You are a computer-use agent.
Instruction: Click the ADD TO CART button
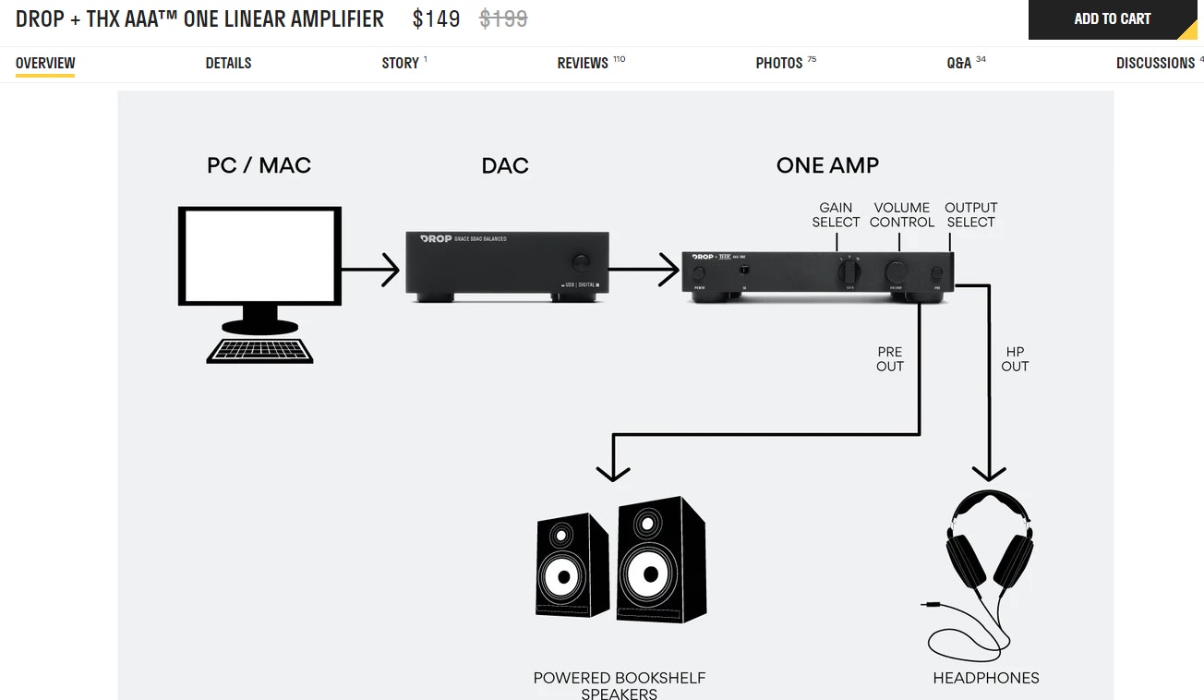(x=1112, y=19)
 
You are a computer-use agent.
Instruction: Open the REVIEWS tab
(x=583, y=63)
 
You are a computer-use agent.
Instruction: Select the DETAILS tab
(x=228, y=63)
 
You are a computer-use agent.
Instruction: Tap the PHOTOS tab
(x=779, y=63)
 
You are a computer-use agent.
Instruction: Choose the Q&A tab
(x=959, y=63)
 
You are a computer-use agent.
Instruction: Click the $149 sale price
(x=436, y=18)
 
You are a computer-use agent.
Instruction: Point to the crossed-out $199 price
(x=503, y=18)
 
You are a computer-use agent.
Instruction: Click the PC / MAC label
(x=259, y=165)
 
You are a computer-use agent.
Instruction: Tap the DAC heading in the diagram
(x=505, y=165)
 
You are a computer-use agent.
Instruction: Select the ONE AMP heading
(x=827, y=165)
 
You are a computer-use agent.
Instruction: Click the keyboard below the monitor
(x=259, y=350)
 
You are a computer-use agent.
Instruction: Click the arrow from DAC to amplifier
(x=644, y=270)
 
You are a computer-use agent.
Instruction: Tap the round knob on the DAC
(x=582, y=260)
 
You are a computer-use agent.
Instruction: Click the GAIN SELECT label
(x=836, y=214)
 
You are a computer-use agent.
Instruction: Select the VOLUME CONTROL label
(x=902, y=214)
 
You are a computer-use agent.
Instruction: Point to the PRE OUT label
(x=890, y=359)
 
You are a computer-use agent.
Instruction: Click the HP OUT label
(x=1015, y=359)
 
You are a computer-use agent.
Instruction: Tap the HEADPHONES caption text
(x=986, y=678)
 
